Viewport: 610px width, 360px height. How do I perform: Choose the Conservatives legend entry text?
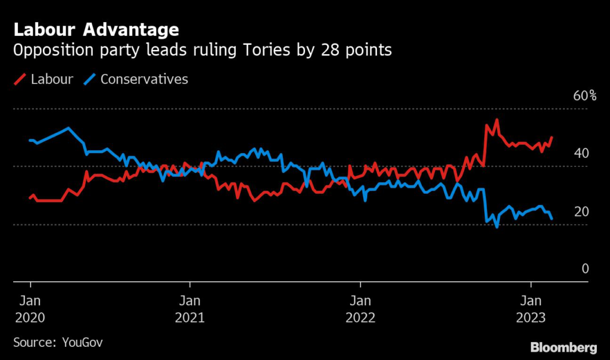click(x=144, y=79)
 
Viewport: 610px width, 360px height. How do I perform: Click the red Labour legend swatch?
click(x=20, y=79)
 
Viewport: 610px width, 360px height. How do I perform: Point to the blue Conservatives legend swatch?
click(x=89, y=79)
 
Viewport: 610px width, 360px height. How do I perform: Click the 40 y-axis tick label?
click(x=581, y=154)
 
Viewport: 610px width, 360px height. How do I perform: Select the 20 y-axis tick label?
click(x=581, y=212)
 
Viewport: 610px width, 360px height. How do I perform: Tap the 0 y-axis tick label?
click(x=585, y=269)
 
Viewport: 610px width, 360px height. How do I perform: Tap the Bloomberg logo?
click(x=564, y=347)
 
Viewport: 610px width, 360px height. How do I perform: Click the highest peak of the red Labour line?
click(x=496, y=120)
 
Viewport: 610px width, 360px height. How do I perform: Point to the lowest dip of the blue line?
click(x=496, y=227)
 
